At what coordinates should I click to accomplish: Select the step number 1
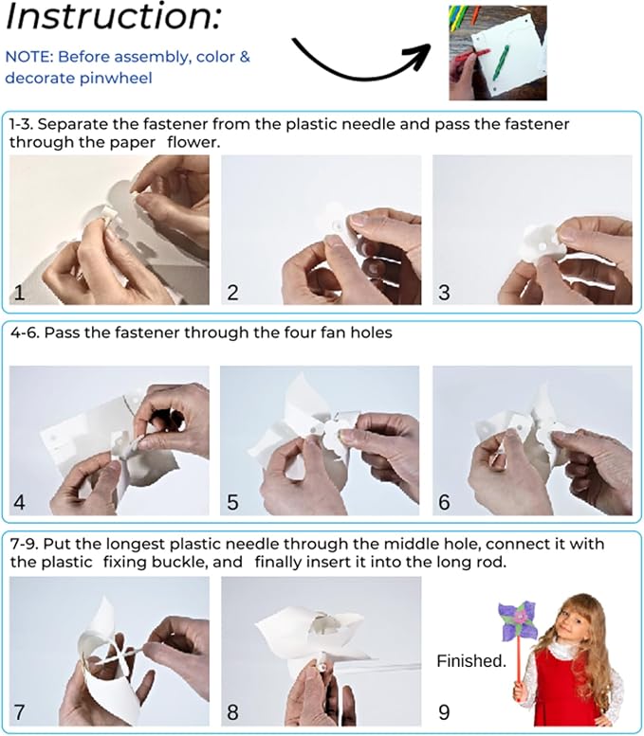point(19,293)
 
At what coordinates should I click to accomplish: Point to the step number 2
point(232,293)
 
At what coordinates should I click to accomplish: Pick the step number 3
point(444,293)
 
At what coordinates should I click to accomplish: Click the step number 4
point(19,502)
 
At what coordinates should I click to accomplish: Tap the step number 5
point(232,502)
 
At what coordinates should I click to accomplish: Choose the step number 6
point(444,502)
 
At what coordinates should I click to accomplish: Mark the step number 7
point(19,712)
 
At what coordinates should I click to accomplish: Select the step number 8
point(232,712)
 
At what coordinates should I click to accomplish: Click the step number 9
point(444,712)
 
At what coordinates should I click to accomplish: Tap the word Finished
point(471,661)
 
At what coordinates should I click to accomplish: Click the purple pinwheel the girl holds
point(517,620)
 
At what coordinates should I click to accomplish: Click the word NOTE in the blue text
point(28,57)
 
